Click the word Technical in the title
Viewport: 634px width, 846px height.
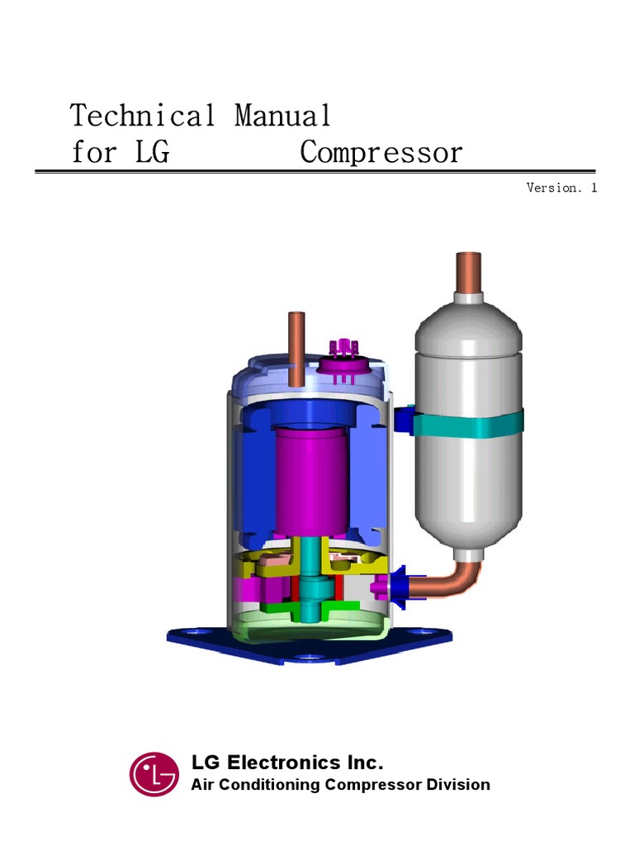tap(143, 116)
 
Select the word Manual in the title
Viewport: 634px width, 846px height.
tap(283, 116)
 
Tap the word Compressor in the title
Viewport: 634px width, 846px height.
tap(381, 154)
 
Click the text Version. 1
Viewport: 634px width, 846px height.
tap(561, 188)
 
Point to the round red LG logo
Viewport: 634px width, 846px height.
tap(154, 774)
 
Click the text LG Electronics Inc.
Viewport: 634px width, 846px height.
tap(287, 762)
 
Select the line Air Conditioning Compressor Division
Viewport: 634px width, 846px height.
tap(340, 785)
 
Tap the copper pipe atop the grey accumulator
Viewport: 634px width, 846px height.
tap(469, 272)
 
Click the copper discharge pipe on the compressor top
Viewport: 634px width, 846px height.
tap(296, 347)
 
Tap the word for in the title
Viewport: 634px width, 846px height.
tap(94, 154)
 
